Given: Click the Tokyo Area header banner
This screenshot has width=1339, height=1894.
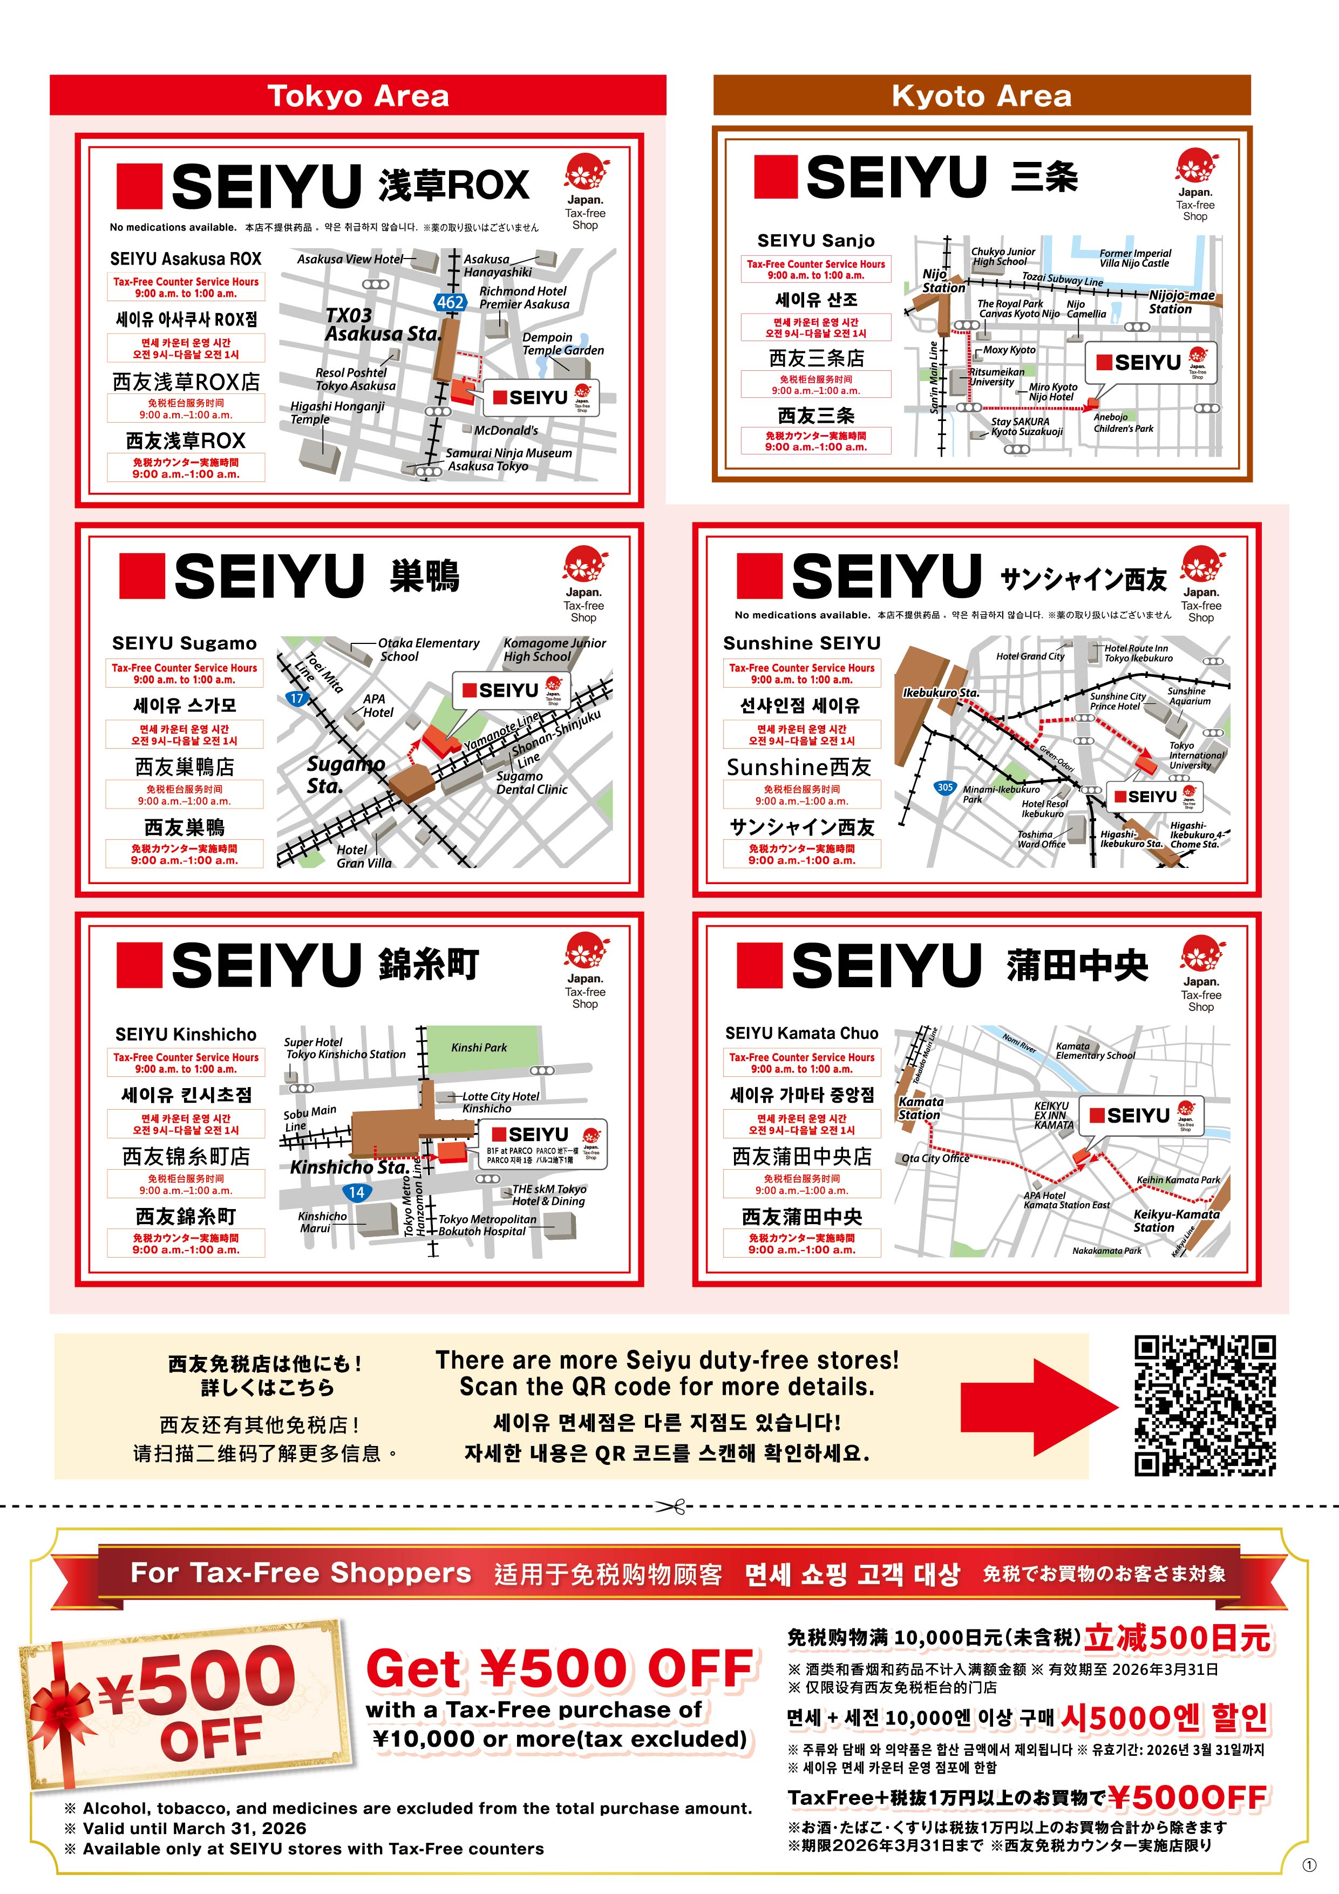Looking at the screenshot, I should coord(357,96).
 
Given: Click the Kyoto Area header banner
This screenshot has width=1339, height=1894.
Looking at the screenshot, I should coord(981,96).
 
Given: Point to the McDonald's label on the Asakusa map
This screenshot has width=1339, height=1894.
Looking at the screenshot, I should coord(506,431).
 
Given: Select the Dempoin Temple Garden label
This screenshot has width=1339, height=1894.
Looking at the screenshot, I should coord(563,344).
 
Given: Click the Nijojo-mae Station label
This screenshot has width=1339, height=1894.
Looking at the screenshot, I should coord(1181,302).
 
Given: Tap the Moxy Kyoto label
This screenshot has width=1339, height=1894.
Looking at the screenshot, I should coord(1009,350).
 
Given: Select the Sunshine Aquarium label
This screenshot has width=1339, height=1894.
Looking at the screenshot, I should coord(1188,696).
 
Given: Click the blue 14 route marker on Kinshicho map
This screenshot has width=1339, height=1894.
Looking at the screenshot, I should coord(356,1192).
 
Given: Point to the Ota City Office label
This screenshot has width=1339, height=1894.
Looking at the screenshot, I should coord(935,1158).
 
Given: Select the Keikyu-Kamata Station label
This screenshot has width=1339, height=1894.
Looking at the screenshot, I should coord(1175,1220).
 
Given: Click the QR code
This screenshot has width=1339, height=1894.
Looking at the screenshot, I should coord(1205,1406).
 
